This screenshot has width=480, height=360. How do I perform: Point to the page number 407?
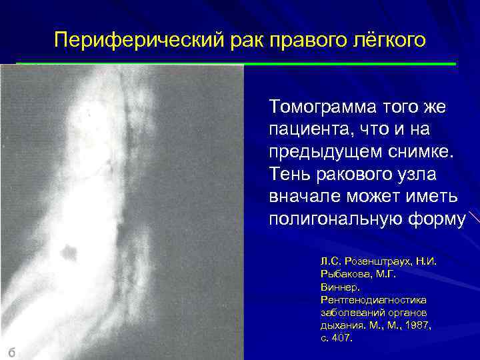[339, 338]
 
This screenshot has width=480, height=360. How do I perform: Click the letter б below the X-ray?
[11, 351]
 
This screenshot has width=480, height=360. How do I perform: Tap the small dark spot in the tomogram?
[67, 252]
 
